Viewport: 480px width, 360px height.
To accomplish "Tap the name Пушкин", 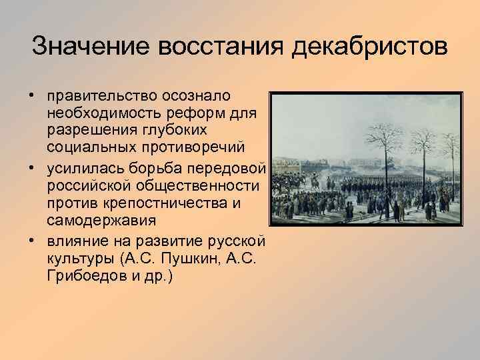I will click(198, 257).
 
